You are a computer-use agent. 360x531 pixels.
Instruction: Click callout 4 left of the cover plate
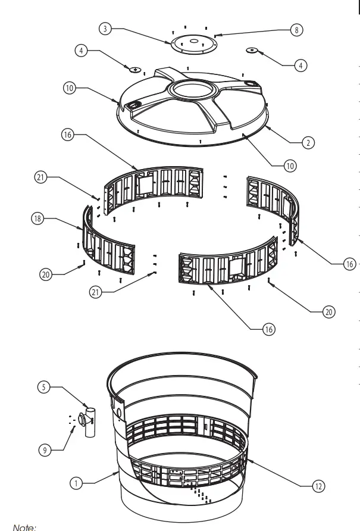click(x=80, y=51)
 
